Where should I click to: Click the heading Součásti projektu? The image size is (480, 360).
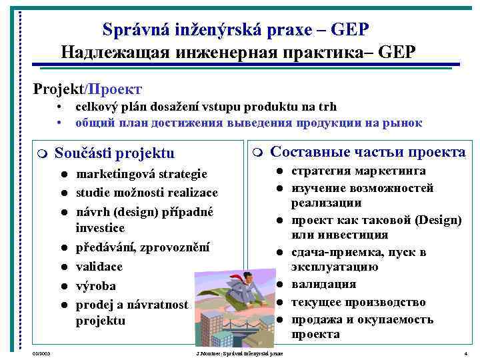click(114, 153)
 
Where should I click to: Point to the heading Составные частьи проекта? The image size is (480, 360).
click(368, 152)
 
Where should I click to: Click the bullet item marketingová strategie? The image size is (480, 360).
click(141, 174)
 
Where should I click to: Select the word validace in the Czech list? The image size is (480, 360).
click(99, 266)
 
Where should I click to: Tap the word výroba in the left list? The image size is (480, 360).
click(96, 285)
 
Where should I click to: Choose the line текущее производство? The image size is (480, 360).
click(359, 302)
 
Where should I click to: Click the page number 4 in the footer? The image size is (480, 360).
click(465, 352)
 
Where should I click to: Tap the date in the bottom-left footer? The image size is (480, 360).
click(41, 352)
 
